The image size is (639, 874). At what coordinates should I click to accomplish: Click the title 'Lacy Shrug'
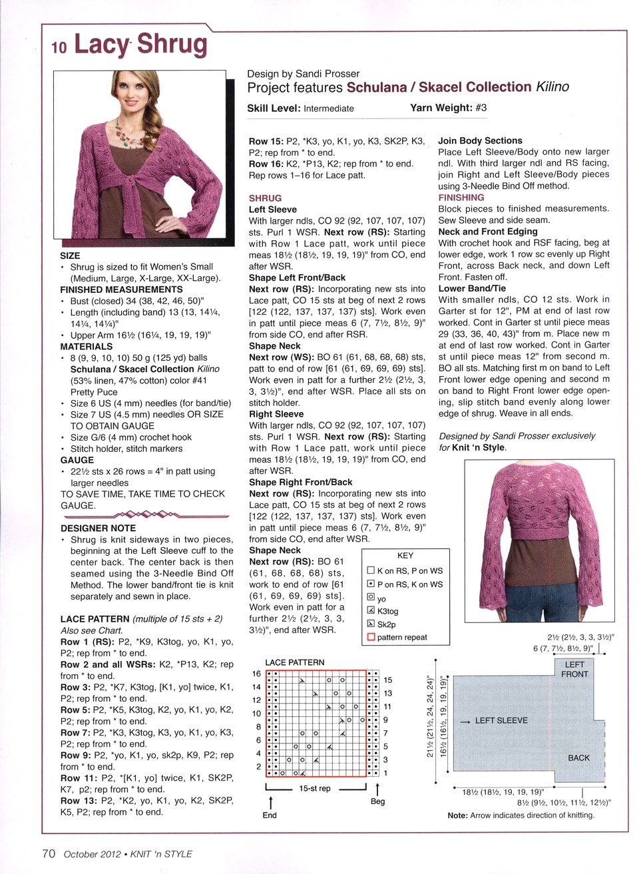140,45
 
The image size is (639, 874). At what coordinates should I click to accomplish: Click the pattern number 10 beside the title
59,47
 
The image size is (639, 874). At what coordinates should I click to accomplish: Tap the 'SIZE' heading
70,256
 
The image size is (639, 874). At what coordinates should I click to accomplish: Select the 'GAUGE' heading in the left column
77,460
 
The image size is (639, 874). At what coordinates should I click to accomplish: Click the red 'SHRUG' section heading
265,198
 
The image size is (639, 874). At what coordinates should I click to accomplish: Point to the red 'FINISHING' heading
461,197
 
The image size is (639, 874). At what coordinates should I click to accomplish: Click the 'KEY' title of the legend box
405,555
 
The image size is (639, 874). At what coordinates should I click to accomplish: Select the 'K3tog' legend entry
387,611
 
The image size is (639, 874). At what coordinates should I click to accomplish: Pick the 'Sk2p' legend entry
386,624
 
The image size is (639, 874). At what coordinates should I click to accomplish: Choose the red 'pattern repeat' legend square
371,637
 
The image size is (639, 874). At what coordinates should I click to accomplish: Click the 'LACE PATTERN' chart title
295,662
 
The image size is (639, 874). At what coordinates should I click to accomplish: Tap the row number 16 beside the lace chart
256,674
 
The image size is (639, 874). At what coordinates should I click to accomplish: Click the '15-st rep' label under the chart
315,788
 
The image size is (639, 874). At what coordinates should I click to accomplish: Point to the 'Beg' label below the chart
377,801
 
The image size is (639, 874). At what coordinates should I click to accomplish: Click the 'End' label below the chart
270,815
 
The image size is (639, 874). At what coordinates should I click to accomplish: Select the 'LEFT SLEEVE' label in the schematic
501,720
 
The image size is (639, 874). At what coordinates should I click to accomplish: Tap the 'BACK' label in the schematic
578,758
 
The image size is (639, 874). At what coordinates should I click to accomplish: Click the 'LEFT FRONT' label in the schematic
574,669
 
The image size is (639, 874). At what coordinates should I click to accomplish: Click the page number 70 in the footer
49,853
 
